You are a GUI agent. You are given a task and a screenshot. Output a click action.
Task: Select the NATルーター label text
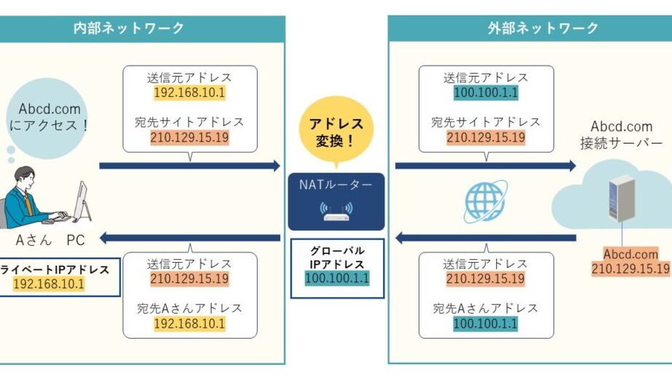(336, 185)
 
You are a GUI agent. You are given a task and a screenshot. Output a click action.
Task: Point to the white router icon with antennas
(336, 212)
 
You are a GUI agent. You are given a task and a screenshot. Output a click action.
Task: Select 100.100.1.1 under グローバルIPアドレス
(336, 278)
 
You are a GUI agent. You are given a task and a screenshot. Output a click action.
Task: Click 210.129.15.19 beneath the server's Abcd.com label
(630, 268)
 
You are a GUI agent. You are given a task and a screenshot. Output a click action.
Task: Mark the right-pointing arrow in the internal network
(189, 166)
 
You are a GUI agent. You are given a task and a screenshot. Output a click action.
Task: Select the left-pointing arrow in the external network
(485, 238)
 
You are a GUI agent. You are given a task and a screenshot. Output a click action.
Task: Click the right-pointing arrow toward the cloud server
(485, 166)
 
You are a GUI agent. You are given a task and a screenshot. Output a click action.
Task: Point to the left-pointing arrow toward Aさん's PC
(189, 238)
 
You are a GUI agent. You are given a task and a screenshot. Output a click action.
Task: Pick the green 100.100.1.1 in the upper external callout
(485, 93)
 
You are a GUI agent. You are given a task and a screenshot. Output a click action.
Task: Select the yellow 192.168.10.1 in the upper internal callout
(189, 93)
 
